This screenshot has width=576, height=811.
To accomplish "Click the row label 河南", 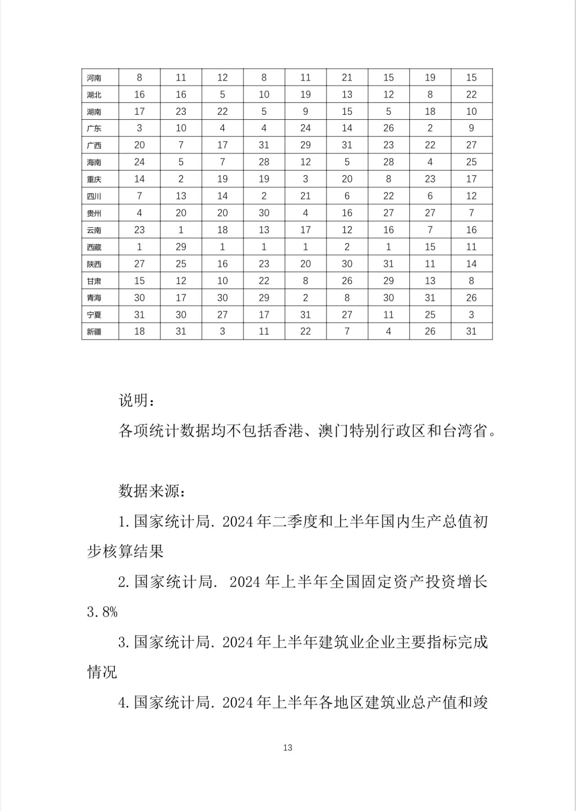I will tap(94, 78).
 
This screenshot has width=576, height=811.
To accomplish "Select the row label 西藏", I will tap(94, 247).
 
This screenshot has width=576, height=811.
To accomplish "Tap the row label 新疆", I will tap(94, 332).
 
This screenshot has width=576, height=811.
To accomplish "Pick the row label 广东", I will tap(94, 129).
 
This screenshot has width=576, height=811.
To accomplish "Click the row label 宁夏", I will tap(94, 315).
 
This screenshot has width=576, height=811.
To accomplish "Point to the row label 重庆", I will tap(94, 179).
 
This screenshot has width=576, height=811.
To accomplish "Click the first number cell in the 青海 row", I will tap(139, 298).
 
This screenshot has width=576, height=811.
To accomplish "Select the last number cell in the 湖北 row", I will tap(471, 95).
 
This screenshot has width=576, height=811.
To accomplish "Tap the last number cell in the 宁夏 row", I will tap(471, 315).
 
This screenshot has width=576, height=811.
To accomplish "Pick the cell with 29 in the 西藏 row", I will tap(181, 247).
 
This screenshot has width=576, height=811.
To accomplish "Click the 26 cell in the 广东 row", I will tap(388, 128).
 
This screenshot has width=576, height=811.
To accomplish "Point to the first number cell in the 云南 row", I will tap(139, 230).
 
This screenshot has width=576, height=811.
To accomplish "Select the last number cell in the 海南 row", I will tap(471, 162).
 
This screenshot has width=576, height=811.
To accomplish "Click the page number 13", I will tap(288, 748).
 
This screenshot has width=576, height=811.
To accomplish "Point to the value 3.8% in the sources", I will tap(102, 612).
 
